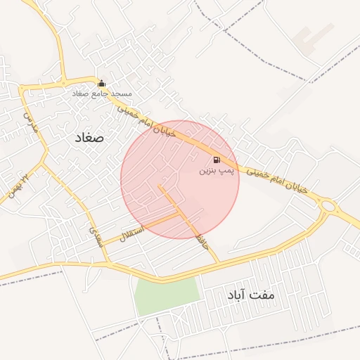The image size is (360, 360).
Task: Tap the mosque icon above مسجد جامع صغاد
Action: click(101, 83)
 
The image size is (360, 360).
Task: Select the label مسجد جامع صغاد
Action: click(101, 94)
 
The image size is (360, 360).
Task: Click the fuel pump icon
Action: click(215, 160)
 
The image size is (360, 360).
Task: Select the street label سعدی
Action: click(96, 235)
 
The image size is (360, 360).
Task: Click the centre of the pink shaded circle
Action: click(180, 179)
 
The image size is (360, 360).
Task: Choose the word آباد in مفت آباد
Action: click(236, 296)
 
